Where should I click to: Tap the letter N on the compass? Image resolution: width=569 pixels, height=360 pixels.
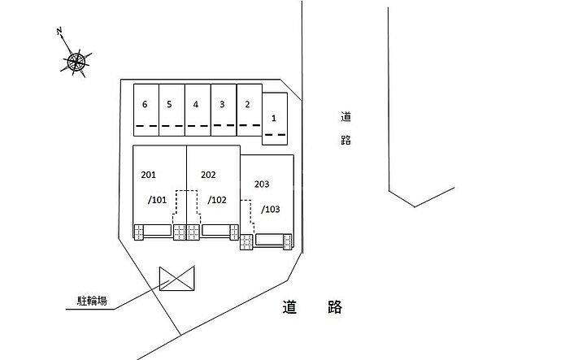pyautogui.click(x=60, y=33)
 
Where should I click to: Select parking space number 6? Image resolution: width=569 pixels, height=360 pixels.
pyautogui.click(x=145, y=105)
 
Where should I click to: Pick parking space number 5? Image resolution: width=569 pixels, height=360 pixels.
pyautogui.click(x=169, y=105)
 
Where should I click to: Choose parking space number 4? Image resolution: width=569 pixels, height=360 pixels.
pyautogui.click(x=196, y=105)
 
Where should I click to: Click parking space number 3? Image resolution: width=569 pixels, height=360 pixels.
pyautogui.click(x=222, y=105)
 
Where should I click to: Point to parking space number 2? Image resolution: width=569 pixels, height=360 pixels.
pyautogui.click(x=247, y=105)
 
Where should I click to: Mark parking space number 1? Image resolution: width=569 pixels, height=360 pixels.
pyautogui.click(x=274, y=119)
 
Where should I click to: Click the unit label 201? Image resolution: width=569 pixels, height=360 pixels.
pyautogui.click(x=148, y=175)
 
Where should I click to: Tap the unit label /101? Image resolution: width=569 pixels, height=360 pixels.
pyautogui.click(x=157, y=199)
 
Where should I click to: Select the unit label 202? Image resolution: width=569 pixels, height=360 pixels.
pyautogui.click(x=208, y=175)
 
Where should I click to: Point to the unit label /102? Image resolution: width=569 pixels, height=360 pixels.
pyautogui.click(x=216, y=199)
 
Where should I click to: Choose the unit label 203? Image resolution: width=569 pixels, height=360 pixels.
pyautogui.click(x=262, y=185)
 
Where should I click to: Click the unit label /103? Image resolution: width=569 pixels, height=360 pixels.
pyautogui.click(x=271, y=209)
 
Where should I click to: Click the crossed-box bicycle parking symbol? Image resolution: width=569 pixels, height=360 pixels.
pyautogui.click(x=177, y=278)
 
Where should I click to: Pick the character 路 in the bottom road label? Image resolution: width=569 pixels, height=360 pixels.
pyautogui.click(x=333, y=307)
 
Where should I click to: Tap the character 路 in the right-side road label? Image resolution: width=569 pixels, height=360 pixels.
pyautogui.click(x=345, y=140)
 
